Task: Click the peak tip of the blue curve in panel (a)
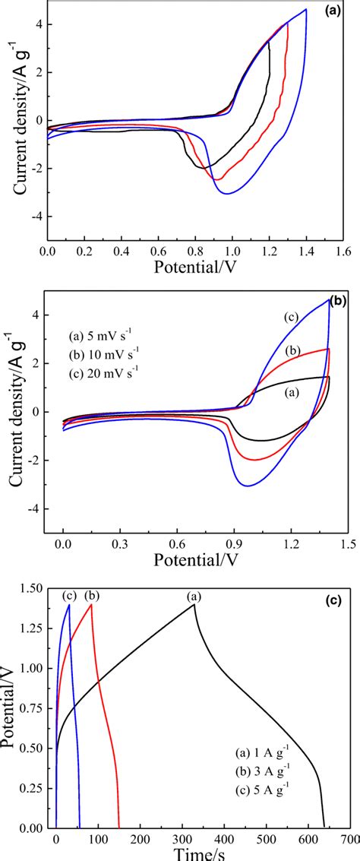[306, 9]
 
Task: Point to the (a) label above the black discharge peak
[194, 598]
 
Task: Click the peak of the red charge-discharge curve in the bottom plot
[91, 605]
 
